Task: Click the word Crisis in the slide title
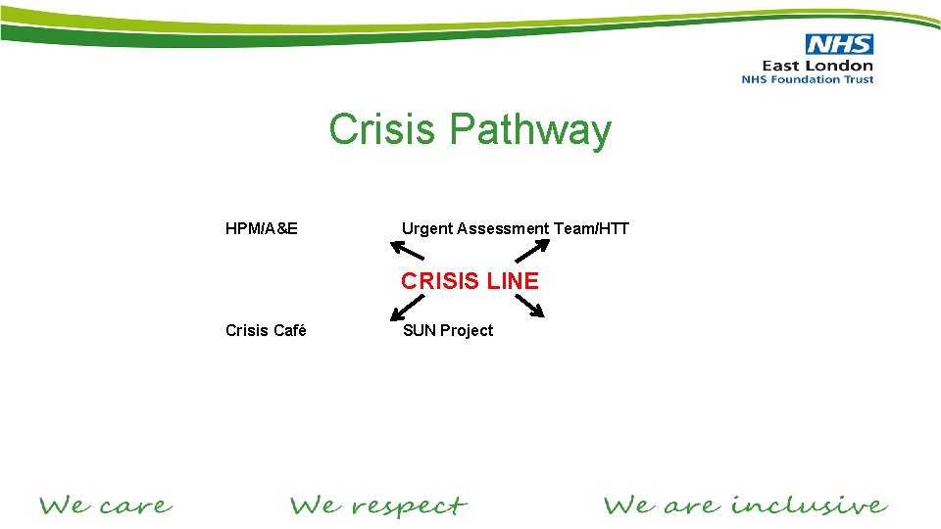pos(382,129)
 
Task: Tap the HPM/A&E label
pos(262,229)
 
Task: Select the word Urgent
pos(426,229)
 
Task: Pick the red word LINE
pos(514,281)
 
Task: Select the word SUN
pos(419,330)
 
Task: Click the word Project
pos(467,330)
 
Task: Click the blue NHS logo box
pos(839,44)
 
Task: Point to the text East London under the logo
pos(817,66)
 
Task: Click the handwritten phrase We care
pos(106,506)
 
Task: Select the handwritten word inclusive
pos(809,505)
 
